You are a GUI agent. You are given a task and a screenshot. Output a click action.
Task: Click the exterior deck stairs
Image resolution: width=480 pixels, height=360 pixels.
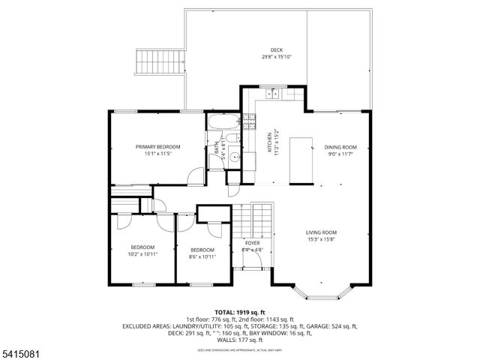pos(158,62)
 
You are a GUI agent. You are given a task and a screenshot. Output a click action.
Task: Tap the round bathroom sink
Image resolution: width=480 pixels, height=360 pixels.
pos(234,157)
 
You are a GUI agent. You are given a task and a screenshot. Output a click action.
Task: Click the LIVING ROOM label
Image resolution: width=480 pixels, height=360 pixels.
pos(320,232)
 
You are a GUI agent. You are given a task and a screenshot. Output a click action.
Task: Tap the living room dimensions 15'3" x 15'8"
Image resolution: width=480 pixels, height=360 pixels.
pos(320,240)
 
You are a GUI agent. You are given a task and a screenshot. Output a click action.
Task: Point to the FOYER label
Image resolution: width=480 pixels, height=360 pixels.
pos(252,243)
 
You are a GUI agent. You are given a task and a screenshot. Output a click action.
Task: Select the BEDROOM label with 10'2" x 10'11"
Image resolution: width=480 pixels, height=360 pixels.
pos(142,247)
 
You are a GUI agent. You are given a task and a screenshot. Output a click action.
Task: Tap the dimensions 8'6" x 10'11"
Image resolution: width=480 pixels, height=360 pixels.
pos(202,257)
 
